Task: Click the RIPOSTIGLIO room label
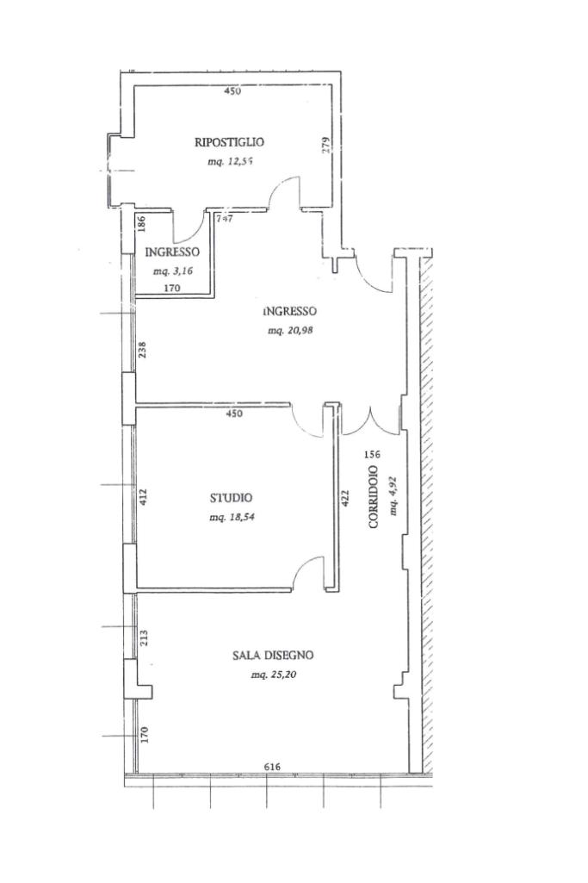[x=229, y=142]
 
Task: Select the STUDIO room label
[x=232, y=498]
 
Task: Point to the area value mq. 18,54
[x=232, y=518]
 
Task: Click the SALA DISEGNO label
[x=272, y=656]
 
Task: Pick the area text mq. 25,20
[x=272, y=675]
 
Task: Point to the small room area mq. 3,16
[x=171, y=271]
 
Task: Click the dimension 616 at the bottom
[x=272, y=767]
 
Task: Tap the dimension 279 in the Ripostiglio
[x=325, y=146]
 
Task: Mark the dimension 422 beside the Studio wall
[x=346, y=499]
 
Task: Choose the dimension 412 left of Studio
[x=144, y=497]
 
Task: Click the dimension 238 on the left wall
[x=144, y=351]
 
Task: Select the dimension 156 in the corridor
[x=372, y=454]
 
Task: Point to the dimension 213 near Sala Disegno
[x=144, y=638]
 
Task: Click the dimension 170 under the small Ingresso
[x=171, y=289]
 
